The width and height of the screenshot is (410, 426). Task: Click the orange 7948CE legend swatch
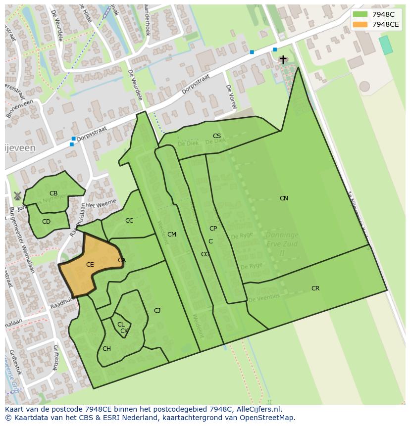(x=360, y=24)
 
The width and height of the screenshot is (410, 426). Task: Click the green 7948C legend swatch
(x=360, y=14)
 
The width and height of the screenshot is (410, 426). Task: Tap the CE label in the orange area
(x=90, y=265)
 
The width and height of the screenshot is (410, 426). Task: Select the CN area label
(x=284, y=198)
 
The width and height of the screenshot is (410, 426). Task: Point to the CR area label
(x=315, y=288)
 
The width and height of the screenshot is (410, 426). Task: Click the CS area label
(x=217, y=136)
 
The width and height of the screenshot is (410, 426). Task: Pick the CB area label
(x=53, y=193)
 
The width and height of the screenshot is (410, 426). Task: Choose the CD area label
(x=46, y=222)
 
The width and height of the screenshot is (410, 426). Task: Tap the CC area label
(x=129, y=221)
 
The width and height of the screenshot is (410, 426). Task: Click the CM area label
(x=172, y=235)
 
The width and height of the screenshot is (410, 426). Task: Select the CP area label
(x=213, y=229)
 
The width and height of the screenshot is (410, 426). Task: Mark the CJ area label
(x=157, y=311)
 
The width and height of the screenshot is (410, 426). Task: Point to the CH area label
(x=106, y=349)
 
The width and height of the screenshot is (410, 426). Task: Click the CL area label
(x=120, y=325)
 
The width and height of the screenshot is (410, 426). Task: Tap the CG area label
(x=205, y=254)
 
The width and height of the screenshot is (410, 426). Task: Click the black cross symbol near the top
(x=283, y=59)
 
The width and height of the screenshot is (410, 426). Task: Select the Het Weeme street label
(x=101, y=203)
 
